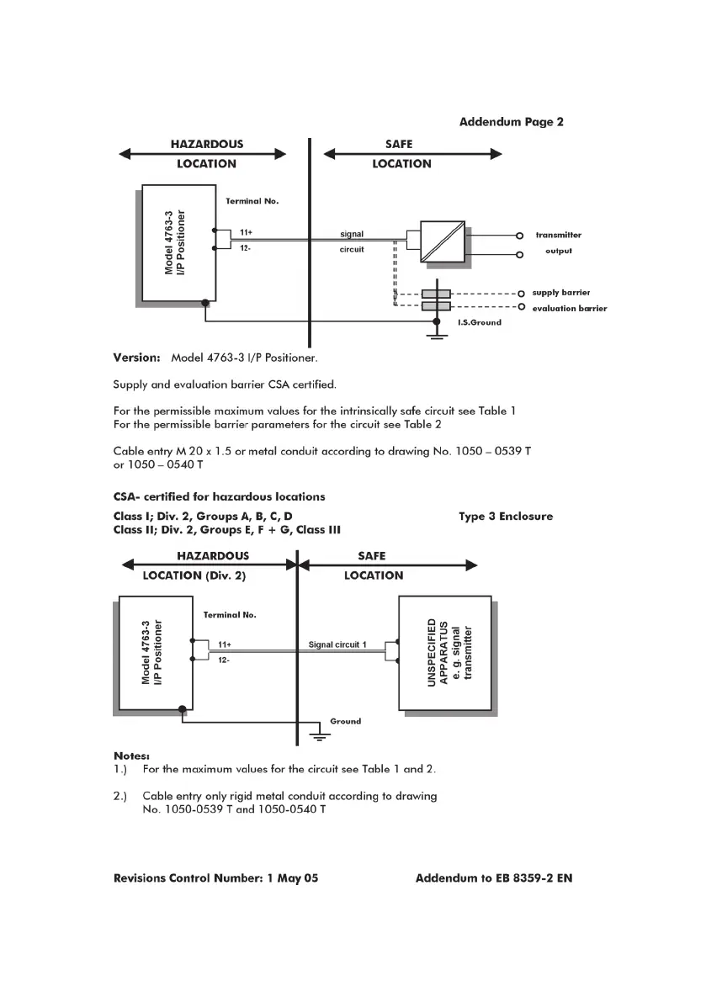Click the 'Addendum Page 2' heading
click(x=511, y=122)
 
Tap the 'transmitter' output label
click(x=558, y=236)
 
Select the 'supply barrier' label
click(x=560, y=293)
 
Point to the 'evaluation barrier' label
click(x=569, y=309)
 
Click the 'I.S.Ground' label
click(x=480, y=322)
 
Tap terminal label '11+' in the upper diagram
click(x=247, y=231)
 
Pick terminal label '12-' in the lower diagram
click(x=225, y=660)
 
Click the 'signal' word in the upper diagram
click(x=352, y=233)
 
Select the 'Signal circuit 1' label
click(x=337, y=645)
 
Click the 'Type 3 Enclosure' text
click(x=506, y=517)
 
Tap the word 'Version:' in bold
click(x=136, y=358)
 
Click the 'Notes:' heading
click(x=131, y=755)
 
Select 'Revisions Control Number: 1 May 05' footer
click(x=215, y=878)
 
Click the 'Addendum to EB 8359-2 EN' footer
click(x=494, y=878)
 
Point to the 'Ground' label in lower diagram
click(x=345, y=721)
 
